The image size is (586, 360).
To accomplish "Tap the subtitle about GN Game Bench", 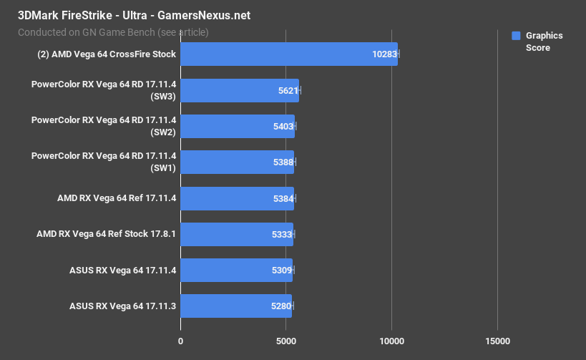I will coord(113,31).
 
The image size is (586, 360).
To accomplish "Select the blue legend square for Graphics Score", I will coord(515,36).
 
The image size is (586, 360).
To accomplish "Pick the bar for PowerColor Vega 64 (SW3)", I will coord(239,90).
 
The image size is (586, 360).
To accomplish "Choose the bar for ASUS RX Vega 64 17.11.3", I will coord(235,306).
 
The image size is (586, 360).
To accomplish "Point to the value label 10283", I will coord(384,54).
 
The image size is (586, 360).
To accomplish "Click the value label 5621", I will coord(288,91).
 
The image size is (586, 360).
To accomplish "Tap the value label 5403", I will coord(283,127).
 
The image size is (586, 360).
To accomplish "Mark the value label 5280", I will coord(281,306).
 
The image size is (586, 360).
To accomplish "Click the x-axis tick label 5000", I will coord(285,341).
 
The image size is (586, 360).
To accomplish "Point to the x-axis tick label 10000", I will coord(391,341).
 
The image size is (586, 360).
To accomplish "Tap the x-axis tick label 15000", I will coord(497,341).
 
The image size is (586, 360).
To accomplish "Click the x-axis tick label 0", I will coord(180,341).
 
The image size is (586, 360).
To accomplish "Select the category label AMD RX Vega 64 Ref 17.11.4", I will coord(116,198).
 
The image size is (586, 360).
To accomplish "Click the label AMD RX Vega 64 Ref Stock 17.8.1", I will coord(106,234).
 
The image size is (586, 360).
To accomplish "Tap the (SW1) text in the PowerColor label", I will coord(163,169).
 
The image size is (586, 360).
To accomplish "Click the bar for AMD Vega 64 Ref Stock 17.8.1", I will coord(236,235).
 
